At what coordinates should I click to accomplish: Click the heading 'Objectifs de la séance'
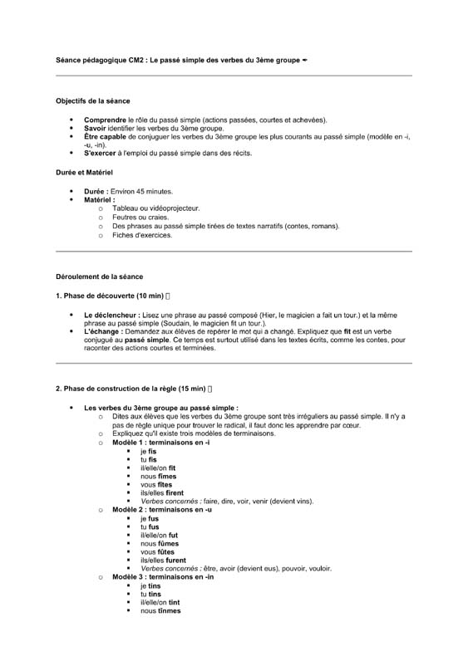point(92,100)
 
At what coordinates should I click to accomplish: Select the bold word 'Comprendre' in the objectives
point(104,120)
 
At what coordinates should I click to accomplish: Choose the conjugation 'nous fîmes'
point(159,477)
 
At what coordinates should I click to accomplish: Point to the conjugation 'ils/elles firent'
point(162,493)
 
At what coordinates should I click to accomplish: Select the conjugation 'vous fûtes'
point(156,551)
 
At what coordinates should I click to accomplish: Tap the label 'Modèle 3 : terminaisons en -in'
point(163,576)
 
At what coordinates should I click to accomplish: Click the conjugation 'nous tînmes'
point(160,610)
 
